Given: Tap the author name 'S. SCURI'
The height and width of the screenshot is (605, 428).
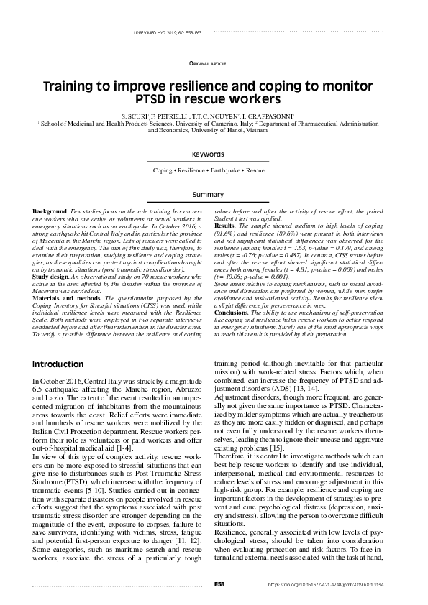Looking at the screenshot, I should click(134, 116).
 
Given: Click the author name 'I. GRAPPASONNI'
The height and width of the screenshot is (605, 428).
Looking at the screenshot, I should click(278, 116).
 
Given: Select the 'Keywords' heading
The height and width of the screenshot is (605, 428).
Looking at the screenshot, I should click(214, 154).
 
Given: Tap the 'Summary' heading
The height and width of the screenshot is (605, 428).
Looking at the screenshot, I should click(214, 194).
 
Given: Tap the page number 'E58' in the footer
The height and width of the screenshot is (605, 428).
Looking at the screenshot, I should click(220, 584).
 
